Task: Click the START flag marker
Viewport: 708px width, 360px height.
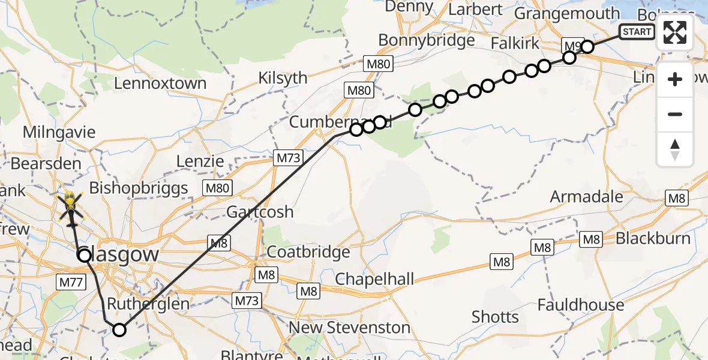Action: point(637,32)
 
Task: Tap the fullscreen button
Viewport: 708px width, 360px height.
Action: point(675,32)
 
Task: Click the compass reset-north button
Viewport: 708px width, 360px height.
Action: point(675,149)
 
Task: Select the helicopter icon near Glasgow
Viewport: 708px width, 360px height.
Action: point(71,205)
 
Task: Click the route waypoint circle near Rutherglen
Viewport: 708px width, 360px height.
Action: point(119,329)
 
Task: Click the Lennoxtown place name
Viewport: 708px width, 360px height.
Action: point(160,83)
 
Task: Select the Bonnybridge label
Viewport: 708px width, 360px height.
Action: point(426,40)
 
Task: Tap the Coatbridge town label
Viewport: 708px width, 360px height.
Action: point(308,252)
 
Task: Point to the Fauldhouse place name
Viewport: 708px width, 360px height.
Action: point(581,305)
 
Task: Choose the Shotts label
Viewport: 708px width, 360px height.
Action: point(495,316)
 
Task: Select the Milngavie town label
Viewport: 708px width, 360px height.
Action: point(59,132)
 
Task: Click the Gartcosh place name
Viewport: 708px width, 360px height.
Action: point(260,212)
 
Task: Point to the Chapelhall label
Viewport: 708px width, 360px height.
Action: point(374,278)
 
